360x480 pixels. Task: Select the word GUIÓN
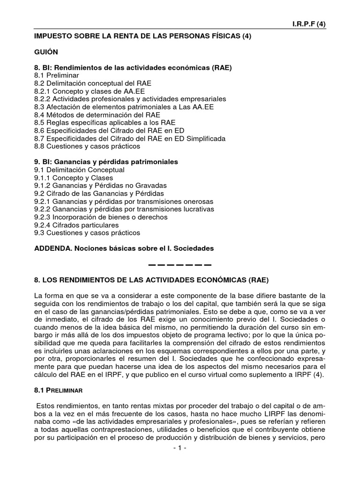point(46,52)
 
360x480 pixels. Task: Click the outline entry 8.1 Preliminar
point(56,75)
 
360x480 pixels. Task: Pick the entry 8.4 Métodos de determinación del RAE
point(97,115)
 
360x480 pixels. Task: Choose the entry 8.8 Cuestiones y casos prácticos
point(87,146)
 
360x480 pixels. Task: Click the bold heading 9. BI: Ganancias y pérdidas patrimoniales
point(106,162)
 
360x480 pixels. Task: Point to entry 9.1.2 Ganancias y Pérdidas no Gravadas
point(100,186)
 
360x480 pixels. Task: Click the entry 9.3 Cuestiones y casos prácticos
point(87,233)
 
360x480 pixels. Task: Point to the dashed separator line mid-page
point(180,265)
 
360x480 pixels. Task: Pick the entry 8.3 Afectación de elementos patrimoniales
point(123,107)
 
